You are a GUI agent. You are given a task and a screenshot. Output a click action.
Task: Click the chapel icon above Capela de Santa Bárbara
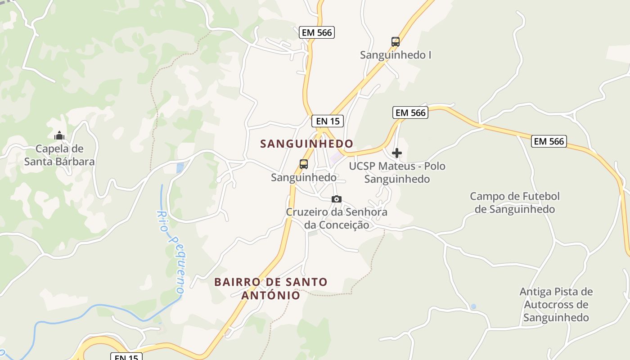pos(59,135)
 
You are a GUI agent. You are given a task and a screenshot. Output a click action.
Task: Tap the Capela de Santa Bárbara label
pos(59,155)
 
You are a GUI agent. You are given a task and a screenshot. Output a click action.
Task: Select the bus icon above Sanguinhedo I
pos(396,42)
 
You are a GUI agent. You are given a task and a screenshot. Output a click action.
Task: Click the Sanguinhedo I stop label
pos(396,55)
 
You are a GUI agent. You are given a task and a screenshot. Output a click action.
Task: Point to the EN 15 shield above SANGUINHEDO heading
pos(328,121)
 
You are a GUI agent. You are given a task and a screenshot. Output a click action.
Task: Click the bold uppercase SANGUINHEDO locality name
pos(307,144)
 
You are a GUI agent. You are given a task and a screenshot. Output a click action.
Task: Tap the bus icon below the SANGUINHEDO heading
pos(304,164)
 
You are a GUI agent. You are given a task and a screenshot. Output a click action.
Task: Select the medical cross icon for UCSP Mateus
pos(397,153)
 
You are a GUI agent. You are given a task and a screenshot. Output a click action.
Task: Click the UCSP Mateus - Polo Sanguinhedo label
pos(397,172)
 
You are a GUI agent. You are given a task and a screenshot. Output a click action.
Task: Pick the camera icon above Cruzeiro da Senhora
pos(336,199)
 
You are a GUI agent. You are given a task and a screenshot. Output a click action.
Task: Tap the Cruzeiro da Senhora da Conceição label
pos(337,218)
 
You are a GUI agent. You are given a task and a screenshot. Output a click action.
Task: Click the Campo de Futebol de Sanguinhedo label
pos(515,202)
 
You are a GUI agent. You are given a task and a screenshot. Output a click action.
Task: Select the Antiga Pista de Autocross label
pos(556,305)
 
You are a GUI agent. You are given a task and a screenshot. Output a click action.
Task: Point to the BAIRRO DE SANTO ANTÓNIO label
pos(271,288)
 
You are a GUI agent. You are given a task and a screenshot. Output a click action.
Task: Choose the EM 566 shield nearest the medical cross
pos(410,112)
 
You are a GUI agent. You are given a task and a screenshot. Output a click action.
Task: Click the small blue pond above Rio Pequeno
pos(180,168)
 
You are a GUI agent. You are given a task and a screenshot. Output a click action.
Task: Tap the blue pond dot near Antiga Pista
pos(473,306)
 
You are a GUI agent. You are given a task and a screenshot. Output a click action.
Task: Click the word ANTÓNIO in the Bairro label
pos(271,295)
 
